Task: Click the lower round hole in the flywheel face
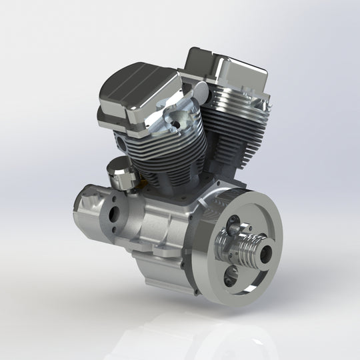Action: click(x=230, y=279)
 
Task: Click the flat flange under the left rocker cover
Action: click(x=127, y=119)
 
